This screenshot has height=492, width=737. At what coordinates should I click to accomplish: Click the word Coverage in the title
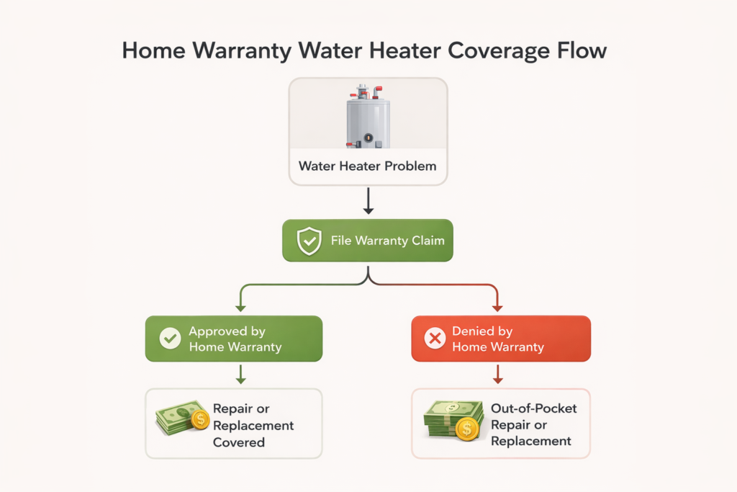[493, 52]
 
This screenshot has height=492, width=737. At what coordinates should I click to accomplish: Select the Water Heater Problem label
[368, 166]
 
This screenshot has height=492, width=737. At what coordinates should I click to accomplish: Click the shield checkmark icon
[309, 241]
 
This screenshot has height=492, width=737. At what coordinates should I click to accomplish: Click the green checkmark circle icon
[170, 339]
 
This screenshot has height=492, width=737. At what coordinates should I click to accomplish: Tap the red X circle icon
[435, 339]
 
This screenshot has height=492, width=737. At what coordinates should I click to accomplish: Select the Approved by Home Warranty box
[234, 339]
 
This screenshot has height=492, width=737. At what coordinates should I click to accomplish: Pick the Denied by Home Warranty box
[500, 339]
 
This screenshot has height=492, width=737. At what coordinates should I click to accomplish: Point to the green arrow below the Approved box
[241, 374]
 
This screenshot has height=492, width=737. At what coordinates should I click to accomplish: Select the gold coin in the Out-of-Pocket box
[467, 431]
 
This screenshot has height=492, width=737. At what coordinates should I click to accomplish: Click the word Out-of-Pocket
[533, 408]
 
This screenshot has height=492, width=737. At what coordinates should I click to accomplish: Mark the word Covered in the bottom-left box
[239, 442]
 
